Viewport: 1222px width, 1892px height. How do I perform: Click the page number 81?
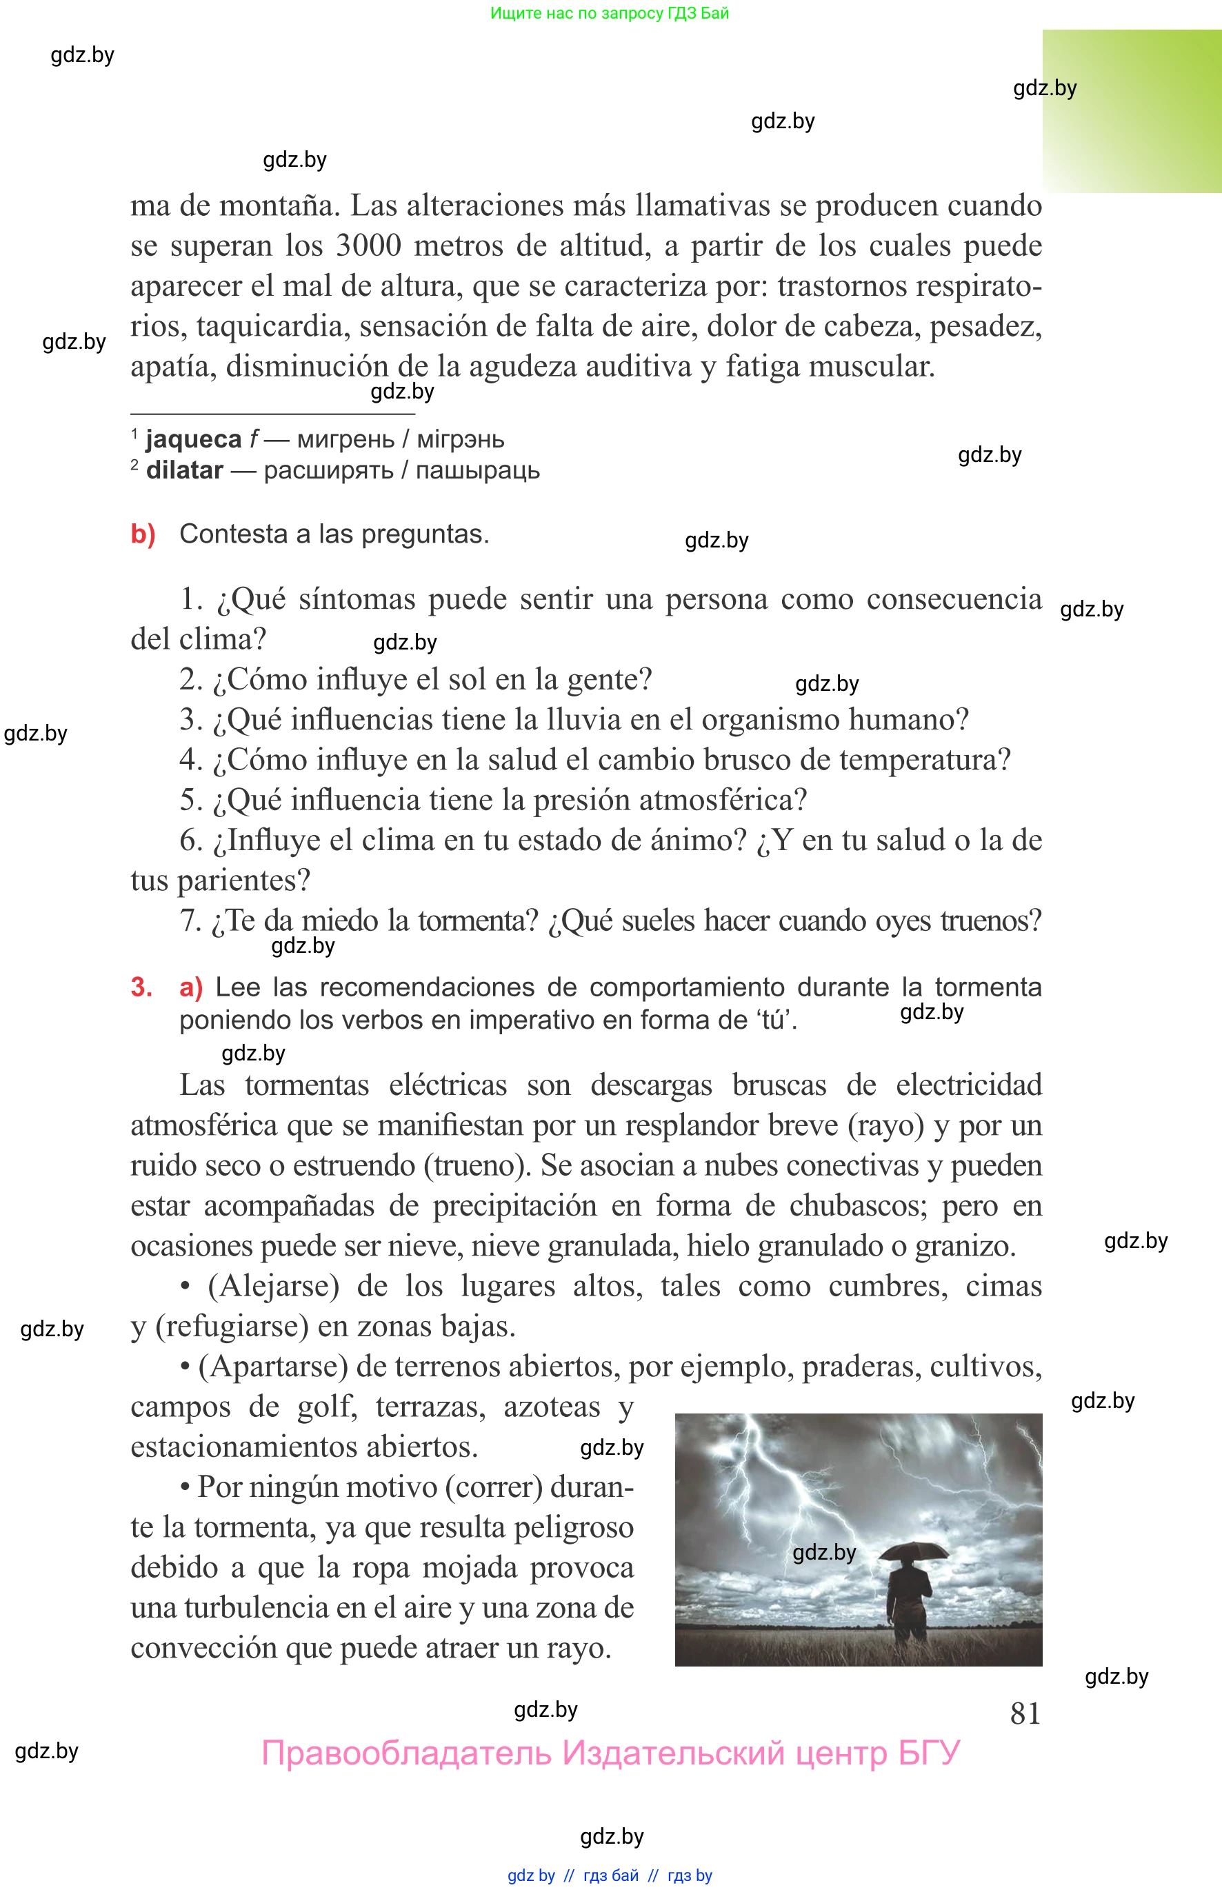1024,1713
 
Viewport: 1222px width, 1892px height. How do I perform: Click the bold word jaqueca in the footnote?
193,439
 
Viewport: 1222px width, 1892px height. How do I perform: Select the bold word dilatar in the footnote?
184,470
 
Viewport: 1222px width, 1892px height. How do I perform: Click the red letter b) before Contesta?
143,534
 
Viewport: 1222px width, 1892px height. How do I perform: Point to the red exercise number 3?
141,987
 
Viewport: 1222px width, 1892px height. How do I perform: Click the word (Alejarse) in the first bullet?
274,1286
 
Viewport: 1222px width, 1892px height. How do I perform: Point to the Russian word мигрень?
345,439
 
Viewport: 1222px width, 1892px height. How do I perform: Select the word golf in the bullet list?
326,1407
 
